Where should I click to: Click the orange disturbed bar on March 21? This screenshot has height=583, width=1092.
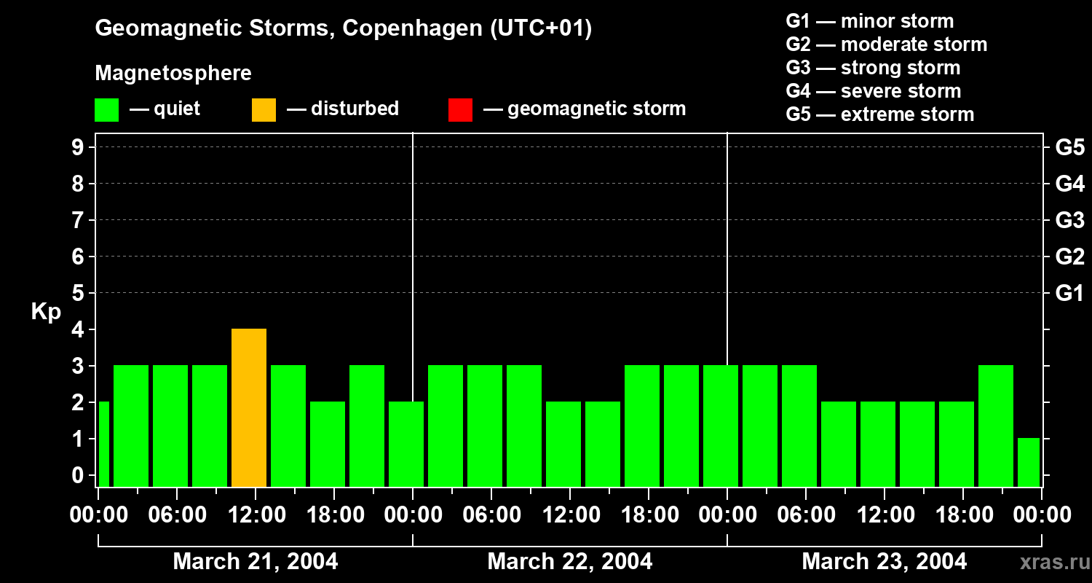point(249,407)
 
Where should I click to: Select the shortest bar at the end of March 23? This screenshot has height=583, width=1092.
point(1029,462)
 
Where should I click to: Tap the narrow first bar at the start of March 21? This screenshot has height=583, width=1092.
point(103,444)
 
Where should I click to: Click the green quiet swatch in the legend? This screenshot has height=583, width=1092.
point(106,110)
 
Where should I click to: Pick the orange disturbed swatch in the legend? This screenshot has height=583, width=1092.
point(264,110)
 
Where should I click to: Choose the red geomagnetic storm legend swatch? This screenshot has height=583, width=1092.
point(460,110)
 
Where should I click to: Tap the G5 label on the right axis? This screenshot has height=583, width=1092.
point(1069,147)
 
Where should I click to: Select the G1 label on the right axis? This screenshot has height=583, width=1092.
point(1069,293)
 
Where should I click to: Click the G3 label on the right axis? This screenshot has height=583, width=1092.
point(1069,220)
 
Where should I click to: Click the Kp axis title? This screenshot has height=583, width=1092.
point(46,312)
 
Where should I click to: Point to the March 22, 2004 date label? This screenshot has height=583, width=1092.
point(569,562)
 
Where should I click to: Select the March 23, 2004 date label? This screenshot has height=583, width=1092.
point(884,562)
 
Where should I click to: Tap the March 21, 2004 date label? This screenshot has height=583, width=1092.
point(255,562)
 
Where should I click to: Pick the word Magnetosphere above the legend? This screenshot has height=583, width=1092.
point(173,74)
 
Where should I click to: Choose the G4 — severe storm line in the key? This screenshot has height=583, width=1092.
point(873,91)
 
